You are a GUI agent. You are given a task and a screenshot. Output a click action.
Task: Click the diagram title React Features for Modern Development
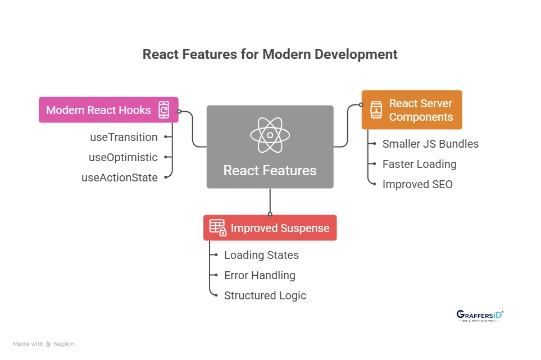[270, 54]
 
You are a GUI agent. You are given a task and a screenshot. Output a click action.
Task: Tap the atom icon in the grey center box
[270, 135]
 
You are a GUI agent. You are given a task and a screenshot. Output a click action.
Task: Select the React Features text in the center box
[270, 170]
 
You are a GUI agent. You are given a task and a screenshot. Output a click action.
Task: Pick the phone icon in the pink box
[163, 110]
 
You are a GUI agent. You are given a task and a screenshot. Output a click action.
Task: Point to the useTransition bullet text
[124, 137]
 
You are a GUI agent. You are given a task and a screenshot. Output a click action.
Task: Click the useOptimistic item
[123, 157]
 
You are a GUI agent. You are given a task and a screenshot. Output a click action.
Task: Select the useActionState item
[120, 177]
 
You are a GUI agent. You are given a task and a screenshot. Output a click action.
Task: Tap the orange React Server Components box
[412, 110]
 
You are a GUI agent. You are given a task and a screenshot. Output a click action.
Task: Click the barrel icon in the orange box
[376, 110]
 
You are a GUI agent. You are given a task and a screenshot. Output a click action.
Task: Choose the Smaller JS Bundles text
[430, 144]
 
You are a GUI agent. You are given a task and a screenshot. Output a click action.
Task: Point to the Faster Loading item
[419, 164]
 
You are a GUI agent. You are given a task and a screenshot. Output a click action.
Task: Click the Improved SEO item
[417, 184]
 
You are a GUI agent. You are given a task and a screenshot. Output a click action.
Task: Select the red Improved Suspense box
[270, 228]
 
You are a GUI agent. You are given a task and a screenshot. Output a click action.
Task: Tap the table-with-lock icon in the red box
[218, 227]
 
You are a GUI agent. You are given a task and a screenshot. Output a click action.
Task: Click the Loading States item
[261, 255]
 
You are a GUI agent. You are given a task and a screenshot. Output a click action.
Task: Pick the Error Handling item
[260, 275]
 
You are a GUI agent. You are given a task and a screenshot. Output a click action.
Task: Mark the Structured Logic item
[265, 295]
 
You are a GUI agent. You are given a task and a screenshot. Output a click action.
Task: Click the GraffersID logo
[480, 316]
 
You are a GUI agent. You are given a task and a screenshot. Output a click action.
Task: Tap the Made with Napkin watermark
[44, 344]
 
